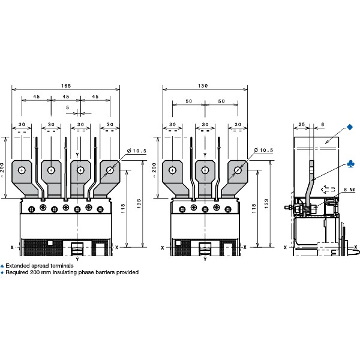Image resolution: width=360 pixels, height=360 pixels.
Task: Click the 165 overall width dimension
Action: [x=66, y=86]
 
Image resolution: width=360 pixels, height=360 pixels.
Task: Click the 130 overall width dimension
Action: [x=203, y=86]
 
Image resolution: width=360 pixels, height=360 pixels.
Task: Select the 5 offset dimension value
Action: [x=67, y=107]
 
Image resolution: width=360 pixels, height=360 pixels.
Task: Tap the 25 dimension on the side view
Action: [x=301, y=124]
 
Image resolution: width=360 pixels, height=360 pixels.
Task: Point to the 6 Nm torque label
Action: [x=349, y=190]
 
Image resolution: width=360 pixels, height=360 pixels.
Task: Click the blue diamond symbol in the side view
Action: [x=350, y=127]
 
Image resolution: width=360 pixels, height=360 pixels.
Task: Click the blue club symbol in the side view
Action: [x=351, y=164]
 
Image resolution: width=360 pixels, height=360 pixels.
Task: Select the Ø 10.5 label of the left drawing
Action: [x=137, y=151]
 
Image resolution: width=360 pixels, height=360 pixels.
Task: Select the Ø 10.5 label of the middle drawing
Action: [x=264, y=150]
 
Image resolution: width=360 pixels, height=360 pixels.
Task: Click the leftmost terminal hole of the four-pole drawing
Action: [x=22, y=170]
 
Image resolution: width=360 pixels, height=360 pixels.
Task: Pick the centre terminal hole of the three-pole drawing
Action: [x=205, y=170]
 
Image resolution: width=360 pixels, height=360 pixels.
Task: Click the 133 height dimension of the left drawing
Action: [x=139, y=203]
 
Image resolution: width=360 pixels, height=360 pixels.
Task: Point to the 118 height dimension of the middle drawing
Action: [x=254, y=208]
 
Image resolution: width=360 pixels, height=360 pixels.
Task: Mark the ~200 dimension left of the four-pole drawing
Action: [x=2, y=169]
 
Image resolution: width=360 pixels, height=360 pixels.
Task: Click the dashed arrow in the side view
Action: [x=328, y=190]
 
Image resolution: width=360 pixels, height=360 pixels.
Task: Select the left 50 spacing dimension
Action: [x=189, y=101]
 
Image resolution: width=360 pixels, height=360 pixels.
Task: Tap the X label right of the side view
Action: [x=356, y=247]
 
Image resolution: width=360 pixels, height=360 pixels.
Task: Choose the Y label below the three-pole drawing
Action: [x=205, y=259]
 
